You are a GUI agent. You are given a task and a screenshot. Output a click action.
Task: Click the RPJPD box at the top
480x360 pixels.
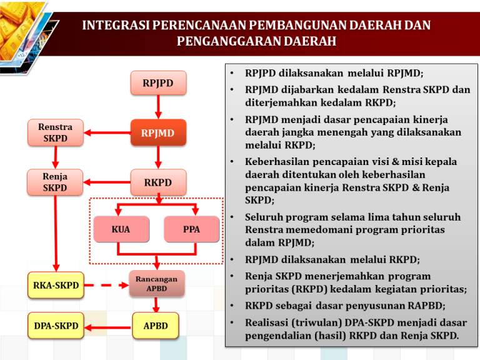point(158,82)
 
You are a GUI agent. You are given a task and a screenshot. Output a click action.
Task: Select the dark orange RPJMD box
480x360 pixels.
point(158,132)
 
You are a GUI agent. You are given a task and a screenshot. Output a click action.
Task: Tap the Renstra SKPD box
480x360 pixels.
point(55,132)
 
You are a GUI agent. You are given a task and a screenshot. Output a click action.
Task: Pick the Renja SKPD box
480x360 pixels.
point(55,182)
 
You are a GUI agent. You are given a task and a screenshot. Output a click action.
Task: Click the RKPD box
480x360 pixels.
point(158,182)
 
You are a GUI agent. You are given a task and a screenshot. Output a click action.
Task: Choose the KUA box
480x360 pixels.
point(121,229)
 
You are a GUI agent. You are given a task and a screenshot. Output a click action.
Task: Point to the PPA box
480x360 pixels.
point(191,229)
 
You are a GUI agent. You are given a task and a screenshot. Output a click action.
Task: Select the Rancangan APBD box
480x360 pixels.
point(157,284)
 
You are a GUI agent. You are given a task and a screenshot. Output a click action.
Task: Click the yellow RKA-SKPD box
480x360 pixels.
point(56,286)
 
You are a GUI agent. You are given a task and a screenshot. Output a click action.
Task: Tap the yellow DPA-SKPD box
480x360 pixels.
point(56,326)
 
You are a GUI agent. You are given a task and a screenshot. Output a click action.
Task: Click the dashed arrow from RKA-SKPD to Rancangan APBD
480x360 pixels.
point(106,286)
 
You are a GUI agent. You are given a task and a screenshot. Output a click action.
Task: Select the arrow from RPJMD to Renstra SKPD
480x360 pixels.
point(107,132)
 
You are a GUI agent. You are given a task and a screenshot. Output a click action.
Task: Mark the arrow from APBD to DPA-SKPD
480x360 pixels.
point(107,326)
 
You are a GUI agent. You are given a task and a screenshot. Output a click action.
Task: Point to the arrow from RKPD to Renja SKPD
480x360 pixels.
point(107,182)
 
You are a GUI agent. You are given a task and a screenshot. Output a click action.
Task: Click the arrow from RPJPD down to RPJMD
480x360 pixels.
point(158,107)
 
